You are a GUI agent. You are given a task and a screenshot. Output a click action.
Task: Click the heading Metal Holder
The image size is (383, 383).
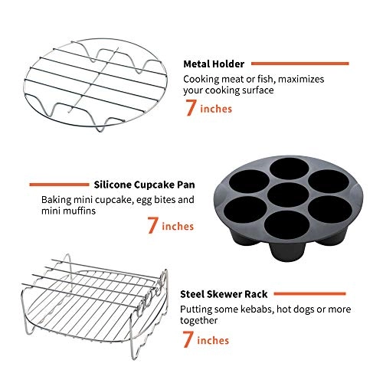(x=214, y=64)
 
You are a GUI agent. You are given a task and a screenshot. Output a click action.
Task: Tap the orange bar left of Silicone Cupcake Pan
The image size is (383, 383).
(x=57, y=184)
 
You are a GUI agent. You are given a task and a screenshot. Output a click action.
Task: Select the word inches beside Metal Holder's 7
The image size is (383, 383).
(x=216, y=110)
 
